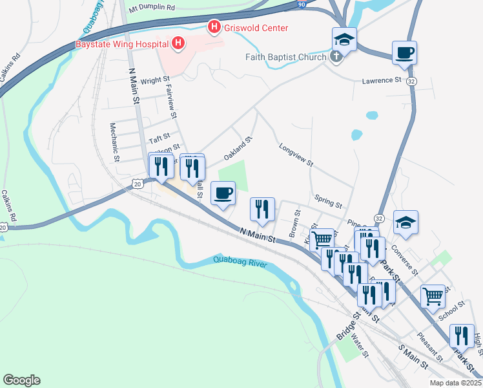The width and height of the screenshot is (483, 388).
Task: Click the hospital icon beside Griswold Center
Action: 213,28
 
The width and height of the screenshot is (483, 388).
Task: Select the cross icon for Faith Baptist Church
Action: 335,57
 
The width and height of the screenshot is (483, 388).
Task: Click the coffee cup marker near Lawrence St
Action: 404,53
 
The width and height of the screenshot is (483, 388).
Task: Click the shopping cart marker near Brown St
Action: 322,241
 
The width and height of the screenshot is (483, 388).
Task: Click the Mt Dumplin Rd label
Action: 152,8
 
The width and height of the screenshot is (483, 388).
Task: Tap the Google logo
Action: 21,380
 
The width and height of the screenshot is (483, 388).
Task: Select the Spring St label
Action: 328,200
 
